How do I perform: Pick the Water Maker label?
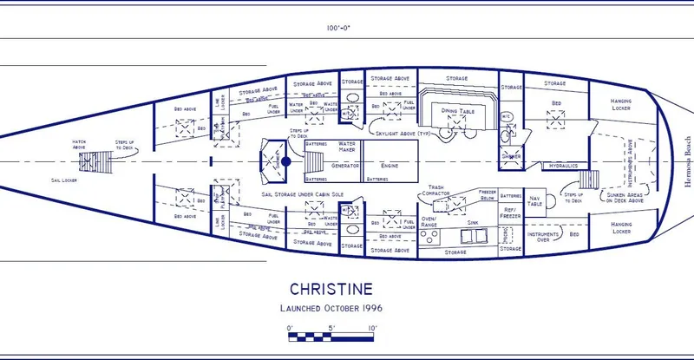click(x=347, y=146)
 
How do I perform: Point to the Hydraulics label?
click(x=563, y=165)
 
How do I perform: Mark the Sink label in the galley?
click(x=473, y=222)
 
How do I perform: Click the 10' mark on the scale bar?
click(x=371, y=328)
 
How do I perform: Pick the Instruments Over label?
click(x=544, y=236)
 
